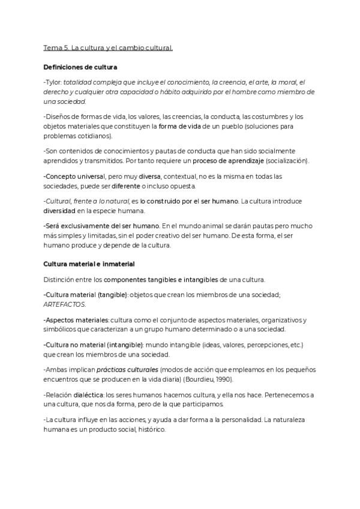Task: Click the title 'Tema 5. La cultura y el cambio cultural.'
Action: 108,47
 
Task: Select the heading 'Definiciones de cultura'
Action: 80,67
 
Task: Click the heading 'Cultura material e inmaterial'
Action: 89,264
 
